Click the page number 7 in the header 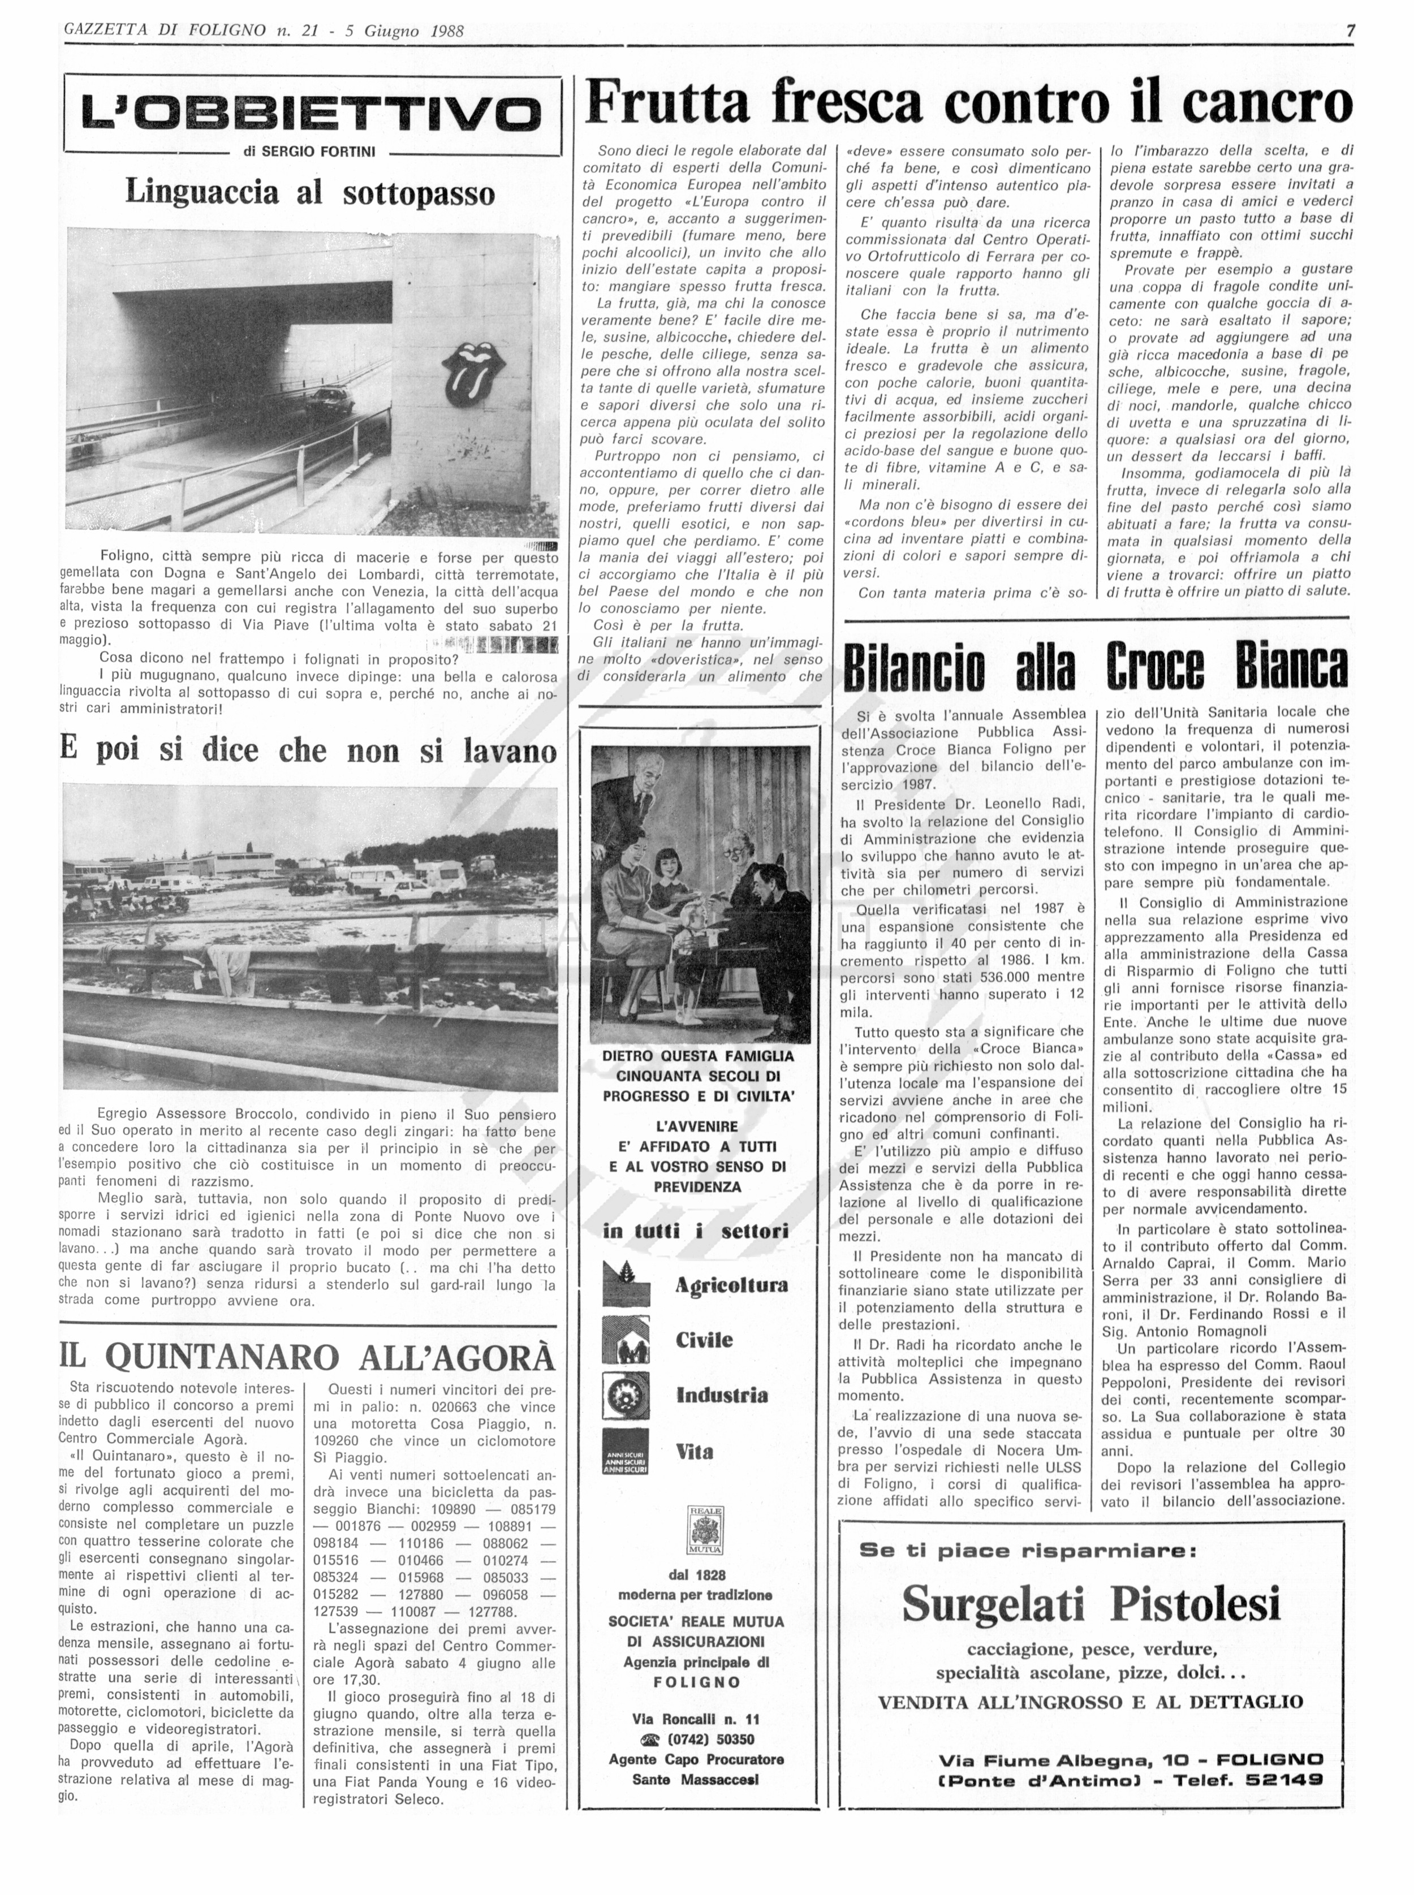click(x=1350, y=31)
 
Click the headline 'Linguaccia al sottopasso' click(x=310, y=192)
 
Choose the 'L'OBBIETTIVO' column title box click(x=312, y=113)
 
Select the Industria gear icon click(x=626, y=1395)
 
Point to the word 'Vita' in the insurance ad click(x=694, y=1451)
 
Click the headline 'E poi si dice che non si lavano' click(x=308, y=751)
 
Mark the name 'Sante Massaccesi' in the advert click(x=695, y=1780)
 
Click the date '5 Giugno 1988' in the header click(x=404, y=31)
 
